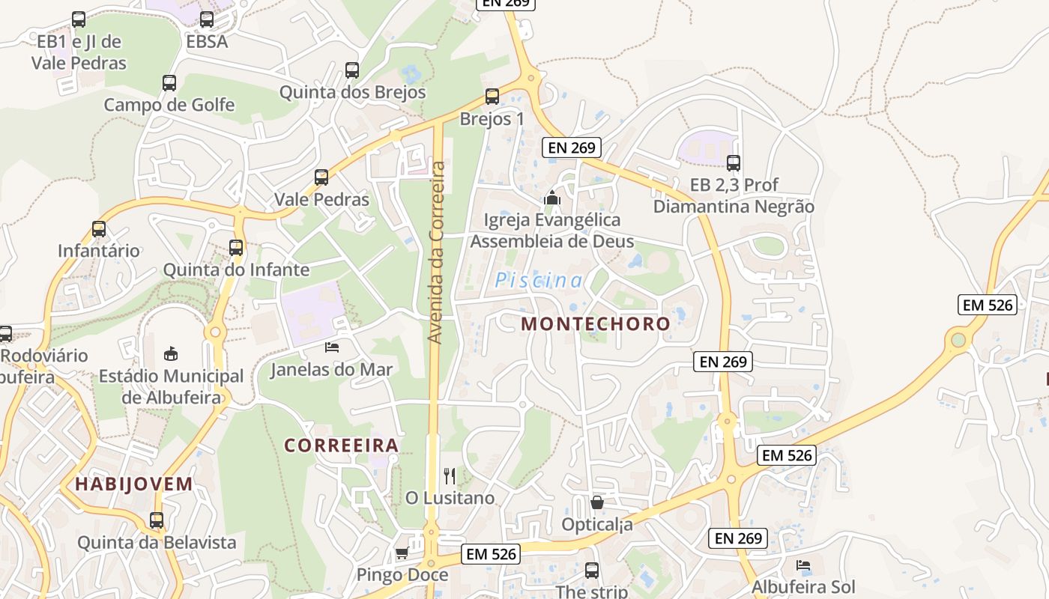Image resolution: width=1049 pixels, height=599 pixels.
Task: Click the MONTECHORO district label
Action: click(596, 324)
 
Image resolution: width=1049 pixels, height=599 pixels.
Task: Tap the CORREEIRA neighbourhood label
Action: click(341, 446)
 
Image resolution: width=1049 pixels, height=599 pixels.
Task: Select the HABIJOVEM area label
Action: click(134, 484)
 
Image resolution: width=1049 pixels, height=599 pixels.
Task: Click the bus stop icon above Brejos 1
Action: click(492, 97)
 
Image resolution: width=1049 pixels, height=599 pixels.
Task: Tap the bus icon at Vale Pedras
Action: click(321, 177)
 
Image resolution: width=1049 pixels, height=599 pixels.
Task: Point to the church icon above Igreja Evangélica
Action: click(552, 198)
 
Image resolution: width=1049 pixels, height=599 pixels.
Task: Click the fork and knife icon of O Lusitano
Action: click(450, 475)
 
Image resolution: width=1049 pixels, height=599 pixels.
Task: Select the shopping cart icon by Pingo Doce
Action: click(402, 553)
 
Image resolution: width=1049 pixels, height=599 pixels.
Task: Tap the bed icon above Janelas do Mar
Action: click(331, 347)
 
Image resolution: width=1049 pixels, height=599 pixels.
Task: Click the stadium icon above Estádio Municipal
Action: click(172, 353)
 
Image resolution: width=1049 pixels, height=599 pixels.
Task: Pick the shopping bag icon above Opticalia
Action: click(597, 502)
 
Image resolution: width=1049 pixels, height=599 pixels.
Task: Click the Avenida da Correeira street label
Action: click(437, 253)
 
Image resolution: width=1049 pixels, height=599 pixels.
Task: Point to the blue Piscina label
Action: click(539, 281)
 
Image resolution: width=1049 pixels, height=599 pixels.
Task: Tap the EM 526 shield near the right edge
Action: click(988, 305)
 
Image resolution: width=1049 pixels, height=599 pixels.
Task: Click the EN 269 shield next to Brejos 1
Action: click(572, 148)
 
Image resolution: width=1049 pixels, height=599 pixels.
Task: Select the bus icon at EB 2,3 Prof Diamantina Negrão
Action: click(734, 162)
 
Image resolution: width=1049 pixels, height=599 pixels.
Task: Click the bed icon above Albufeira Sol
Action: click(803, 565)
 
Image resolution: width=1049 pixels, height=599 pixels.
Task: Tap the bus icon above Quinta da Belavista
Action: click(157, 520)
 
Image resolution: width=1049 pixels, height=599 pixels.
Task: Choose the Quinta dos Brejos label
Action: click(352, 92)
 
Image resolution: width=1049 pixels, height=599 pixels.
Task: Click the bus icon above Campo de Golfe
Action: click(169, 83)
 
